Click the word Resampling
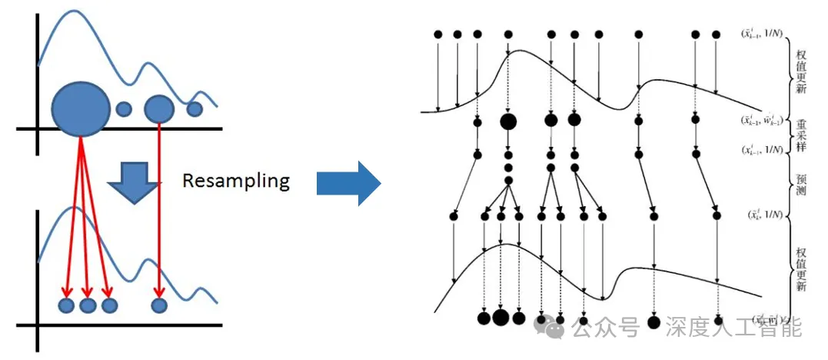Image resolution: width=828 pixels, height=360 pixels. (235, 182)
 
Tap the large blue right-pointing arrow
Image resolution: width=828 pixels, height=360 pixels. (348, 183)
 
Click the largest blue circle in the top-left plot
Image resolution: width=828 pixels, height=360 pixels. (81, 108)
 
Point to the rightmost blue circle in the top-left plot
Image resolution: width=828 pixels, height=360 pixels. (195, 109)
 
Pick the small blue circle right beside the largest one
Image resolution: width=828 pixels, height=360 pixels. (124, 109)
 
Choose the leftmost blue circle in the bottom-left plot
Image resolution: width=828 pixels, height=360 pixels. (66, 305)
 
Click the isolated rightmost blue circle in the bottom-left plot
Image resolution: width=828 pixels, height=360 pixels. (159, 305)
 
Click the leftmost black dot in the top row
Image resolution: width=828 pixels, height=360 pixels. (437, 35)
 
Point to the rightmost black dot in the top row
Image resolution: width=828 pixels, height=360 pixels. (716, 35)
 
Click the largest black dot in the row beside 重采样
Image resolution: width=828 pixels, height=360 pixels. (508, 121)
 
